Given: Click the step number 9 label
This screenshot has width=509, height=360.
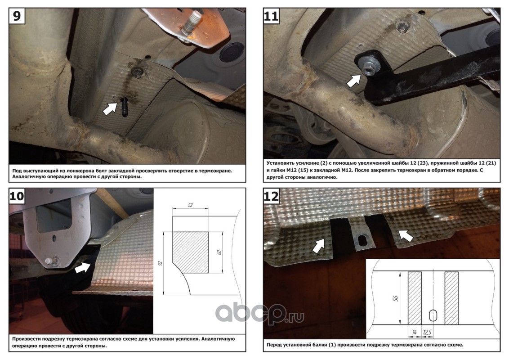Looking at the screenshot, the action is click(x=17, y=16).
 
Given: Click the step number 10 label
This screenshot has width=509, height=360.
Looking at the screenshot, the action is click(x=17, y=196).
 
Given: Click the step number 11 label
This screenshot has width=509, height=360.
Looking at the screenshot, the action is click(x=271, y=16).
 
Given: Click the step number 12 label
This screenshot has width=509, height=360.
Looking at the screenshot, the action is click(x=271, y=196).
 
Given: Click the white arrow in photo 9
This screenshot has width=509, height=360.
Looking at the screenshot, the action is click(x=110, y=109).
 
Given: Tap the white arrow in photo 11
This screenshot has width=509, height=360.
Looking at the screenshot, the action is click(x=354, y=81).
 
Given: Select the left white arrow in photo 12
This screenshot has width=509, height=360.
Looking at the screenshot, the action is click(x=318, y=246).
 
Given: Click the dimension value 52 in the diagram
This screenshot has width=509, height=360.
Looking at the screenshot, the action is click(x=190, y=205).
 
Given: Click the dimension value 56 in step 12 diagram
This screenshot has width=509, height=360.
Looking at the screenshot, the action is click(x=395, y=298).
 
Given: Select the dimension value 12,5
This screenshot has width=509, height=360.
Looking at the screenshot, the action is click(x=427, y=333).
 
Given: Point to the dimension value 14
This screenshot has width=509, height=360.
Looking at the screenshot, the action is click(x=414, y=333).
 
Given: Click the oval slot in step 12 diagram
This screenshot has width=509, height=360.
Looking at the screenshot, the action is click(x=433, y=315).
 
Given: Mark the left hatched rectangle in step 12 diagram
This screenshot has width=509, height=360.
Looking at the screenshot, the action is click(x=415, y=298).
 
